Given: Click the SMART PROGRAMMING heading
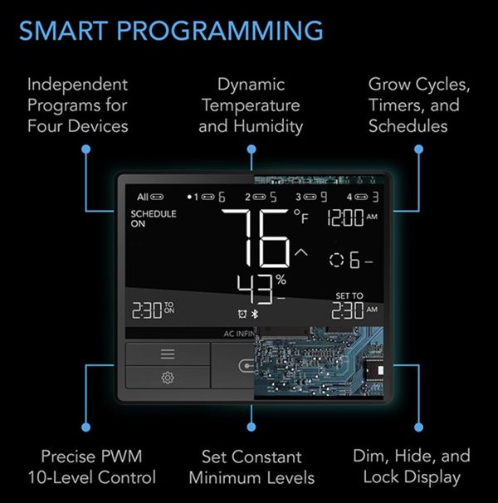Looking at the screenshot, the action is (171, 31).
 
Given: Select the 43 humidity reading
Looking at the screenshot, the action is (255, 290).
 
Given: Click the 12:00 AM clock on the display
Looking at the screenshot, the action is (352, 217).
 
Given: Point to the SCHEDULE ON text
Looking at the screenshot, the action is (154, 218).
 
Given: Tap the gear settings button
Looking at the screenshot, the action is (168, 378).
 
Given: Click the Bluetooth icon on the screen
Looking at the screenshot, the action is (255, 314).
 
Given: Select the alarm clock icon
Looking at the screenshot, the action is (242, 314).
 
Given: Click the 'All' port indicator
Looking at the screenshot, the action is (150, 197).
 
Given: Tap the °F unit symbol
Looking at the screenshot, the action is (301, 217).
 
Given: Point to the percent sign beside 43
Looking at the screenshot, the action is (281, 280).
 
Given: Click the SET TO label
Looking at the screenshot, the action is (349, 295).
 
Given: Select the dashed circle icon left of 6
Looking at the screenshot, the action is (336, 260).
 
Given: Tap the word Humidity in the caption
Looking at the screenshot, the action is (268, 126).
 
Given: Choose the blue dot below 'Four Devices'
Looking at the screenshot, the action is (85, 149).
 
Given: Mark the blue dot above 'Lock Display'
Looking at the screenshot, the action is (418, 427).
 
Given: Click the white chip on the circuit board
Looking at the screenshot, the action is (381, 370).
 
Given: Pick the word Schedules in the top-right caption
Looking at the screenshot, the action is (408, 126).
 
